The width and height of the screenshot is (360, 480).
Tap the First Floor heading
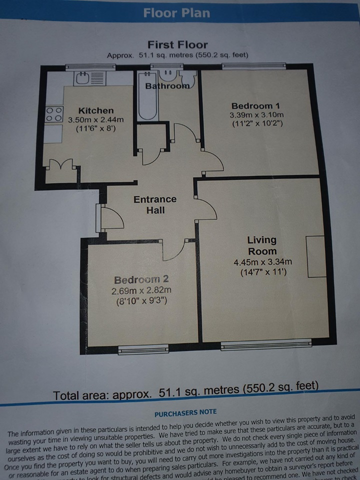tap(177, 44)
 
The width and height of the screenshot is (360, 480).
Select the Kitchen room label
tap(96, 110)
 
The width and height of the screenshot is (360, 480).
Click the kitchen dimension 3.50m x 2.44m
tap(96, 119)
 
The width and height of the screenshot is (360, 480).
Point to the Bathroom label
tap(167, 86)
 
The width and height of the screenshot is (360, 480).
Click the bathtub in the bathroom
tap(148, 100)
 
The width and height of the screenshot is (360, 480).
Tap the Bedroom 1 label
tap(255, 106)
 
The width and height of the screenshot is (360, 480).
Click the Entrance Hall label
tap(155, 204)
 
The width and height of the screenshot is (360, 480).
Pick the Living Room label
tap(261, 245)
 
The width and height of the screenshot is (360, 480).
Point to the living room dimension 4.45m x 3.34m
tap(262, 262)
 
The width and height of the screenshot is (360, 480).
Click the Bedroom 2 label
tap(137, 279)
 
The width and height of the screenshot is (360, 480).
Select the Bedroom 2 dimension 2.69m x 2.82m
tap(137, 290)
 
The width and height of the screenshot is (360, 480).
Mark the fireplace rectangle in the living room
tap(316, 255)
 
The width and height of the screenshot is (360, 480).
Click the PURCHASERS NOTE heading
tap(185, 412)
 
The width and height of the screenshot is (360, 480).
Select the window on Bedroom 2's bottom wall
tap(136, 350)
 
